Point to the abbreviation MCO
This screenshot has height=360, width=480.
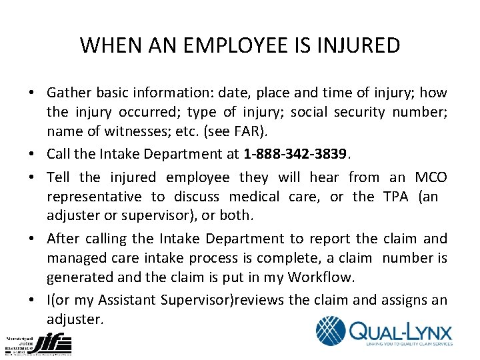431,177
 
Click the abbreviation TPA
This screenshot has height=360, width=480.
399,197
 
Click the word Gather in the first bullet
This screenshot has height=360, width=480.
70,93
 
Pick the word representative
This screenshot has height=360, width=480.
94,197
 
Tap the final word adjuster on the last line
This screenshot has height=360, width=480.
74,319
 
